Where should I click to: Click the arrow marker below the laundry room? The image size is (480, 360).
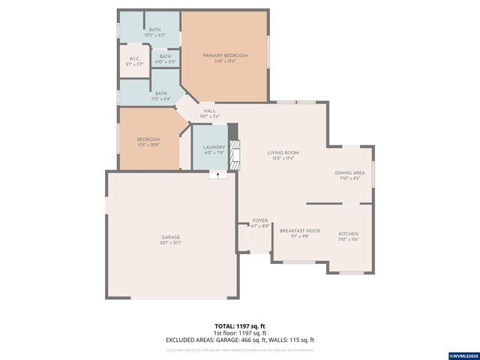(218, 175)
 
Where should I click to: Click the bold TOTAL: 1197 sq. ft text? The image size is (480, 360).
(240, 326)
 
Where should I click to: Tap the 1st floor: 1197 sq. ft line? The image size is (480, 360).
(240, 332)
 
